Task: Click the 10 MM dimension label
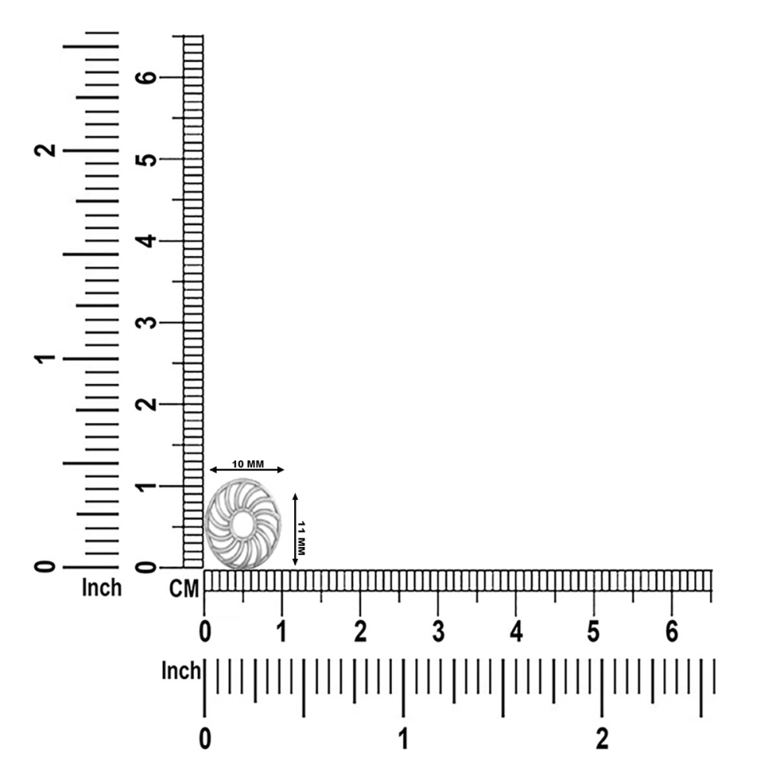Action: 248,464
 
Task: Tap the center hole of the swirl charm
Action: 241,525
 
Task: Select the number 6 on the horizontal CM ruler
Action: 671,632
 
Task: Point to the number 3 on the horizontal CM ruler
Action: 438,632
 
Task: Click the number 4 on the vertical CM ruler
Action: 146,241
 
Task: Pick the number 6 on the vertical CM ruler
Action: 146,77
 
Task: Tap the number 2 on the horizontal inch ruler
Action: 602,739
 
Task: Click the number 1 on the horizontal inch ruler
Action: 404,739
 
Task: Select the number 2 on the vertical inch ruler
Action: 44,150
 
